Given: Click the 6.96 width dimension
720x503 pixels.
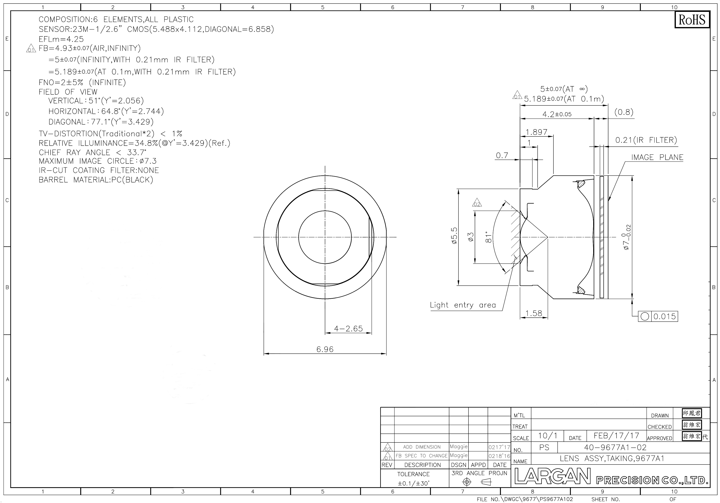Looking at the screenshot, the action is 325,349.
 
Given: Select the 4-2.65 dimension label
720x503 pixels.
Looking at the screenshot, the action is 348,328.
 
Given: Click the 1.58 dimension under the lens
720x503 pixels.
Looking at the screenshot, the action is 534,313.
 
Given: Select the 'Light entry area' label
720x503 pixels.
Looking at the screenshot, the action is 463,305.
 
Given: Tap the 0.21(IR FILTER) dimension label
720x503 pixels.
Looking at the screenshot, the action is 646,140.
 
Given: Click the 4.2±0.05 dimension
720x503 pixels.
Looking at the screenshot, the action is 557,114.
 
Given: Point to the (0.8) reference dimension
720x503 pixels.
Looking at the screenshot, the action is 624,112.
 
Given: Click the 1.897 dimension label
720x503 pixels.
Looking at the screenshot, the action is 537,132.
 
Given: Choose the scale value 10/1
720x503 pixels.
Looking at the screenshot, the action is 548,436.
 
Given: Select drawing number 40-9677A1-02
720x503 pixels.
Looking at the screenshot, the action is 615,447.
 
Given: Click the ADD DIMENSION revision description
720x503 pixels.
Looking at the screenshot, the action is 422,447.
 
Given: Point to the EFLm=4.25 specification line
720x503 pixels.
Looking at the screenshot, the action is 61,39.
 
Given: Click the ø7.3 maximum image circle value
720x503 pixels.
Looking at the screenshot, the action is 147,161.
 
